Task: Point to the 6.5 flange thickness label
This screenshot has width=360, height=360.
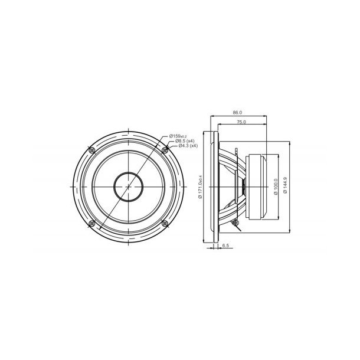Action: point(225,248)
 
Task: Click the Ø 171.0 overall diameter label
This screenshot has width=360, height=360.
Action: point(202,187)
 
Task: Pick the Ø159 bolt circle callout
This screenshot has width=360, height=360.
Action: point(177,136)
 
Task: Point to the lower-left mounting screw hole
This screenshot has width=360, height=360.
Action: point(91,223)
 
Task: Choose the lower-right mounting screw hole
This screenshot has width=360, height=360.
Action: point(165,223)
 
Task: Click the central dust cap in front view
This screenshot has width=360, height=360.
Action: point(128,186)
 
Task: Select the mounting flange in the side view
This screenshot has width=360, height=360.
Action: point(216,186)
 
